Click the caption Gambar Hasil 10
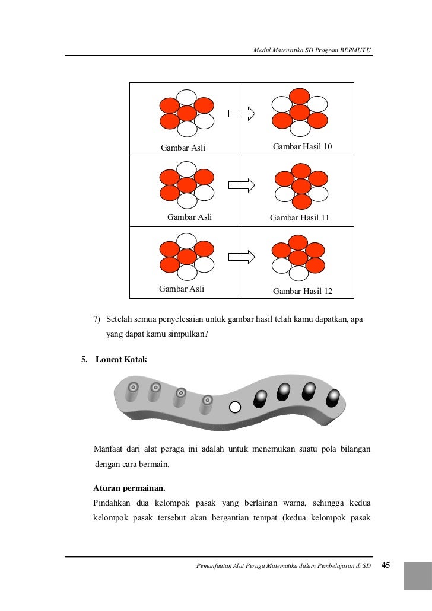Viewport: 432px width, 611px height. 302,146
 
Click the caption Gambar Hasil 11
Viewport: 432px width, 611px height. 299,217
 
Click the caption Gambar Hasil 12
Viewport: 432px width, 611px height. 303,291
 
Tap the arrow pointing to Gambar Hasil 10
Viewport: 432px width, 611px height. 242,113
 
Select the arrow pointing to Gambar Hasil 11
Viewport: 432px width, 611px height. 242,185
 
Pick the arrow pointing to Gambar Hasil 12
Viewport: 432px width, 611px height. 242,257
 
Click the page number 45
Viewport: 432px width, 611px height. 386,565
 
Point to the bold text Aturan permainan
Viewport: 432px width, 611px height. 129,488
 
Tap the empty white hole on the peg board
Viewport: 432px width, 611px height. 235,407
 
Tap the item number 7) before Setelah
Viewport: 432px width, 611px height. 97,320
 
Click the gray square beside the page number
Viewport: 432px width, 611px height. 418,576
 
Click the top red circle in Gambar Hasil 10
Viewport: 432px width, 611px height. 300,95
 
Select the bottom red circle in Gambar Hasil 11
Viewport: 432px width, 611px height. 301,201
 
